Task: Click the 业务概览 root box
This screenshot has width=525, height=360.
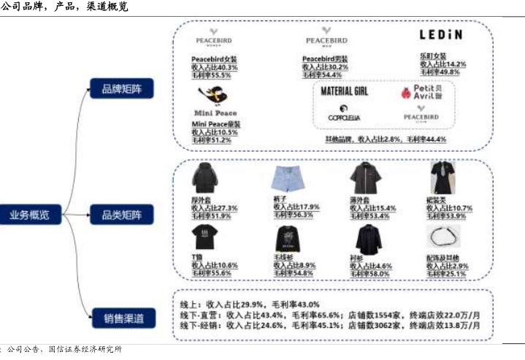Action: (29, 215)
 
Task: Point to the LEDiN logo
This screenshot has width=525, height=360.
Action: (440, 34)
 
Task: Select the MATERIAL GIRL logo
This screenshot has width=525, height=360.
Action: (345, 91)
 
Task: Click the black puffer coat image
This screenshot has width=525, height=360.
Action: (204, 177)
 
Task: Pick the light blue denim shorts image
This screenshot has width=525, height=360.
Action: (286, 178)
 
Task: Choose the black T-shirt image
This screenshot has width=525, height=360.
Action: (204, 237)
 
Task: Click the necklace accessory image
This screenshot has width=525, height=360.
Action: (442, 239)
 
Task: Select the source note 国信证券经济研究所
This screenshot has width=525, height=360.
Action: (85, 350)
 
